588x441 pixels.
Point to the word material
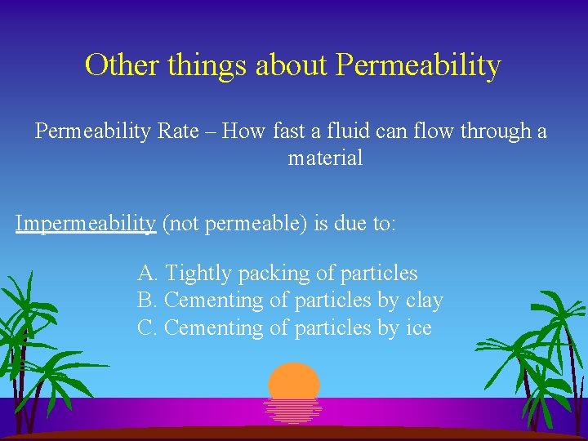click(325, 158)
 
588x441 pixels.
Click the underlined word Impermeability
click(86, 224)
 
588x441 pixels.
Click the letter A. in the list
click(148, 273)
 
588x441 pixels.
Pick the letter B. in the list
click(147, 301)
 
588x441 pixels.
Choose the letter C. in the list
click(147, 328)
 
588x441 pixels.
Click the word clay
click(424, 301)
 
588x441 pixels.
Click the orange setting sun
click(294, 381)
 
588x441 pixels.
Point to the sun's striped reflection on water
click(293, 410)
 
